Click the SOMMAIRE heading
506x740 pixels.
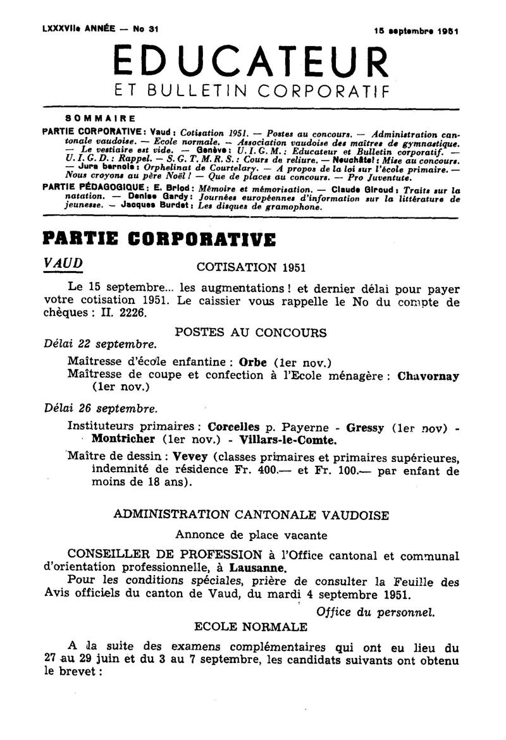(x=100, y=118)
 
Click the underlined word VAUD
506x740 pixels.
(x=63, y=262)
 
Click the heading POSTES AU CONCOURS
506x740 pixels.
(x=250, y=332)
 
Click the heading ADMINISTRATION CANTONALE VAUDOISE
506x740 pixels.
(x=251, y=514)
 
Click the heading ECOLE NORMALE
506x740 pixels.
(x=250, y=627)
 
